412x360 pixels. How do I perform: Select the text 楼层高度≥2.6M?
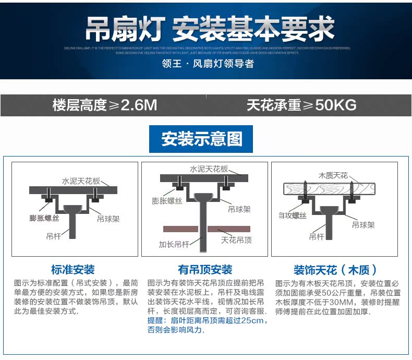click(104, 105)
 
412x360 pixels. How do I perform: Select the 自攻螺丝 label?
click(292, 215)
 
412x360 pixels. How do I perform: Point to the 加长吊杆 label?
click(174, 243)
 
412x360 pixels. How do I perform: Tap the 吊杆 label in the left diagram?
click(54, 236)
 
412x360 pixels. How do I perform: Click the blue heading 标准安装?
click(73, 270)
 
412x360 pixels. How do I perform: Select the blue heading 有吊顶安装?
click(205, 270)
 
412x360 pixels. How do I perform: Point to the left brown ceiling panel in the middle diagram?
click(180, 229)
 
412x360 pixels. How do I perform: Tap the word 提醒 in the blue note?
click(155, 320)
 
